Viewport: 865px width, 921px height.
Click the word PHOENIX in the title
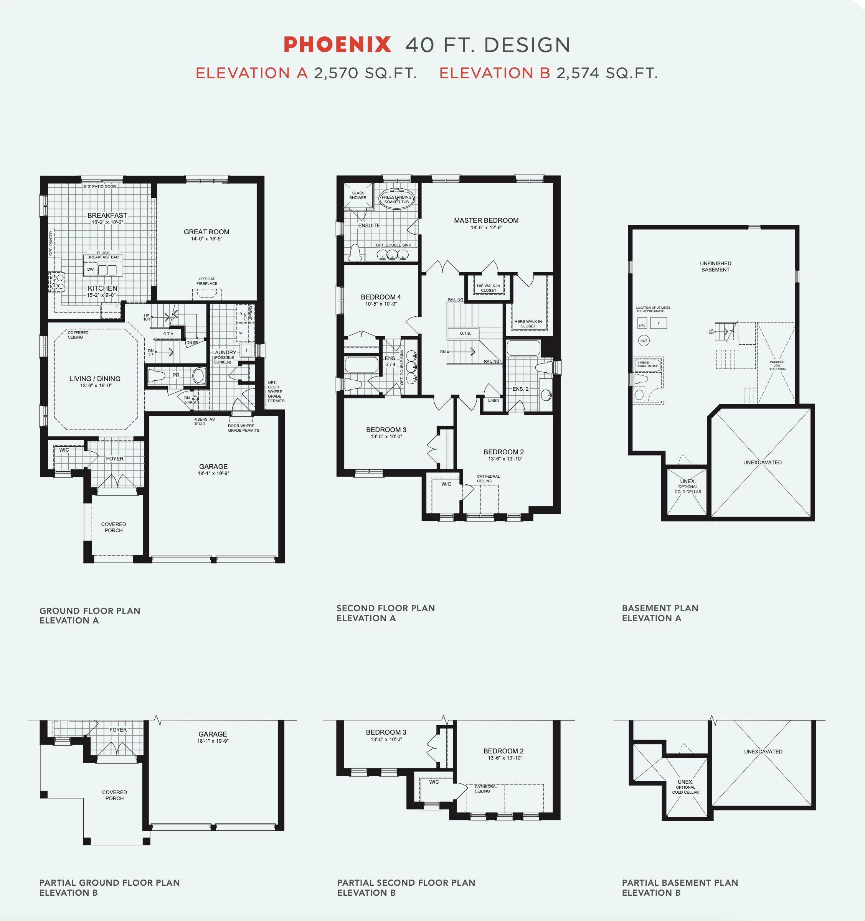click(x=337, y=45)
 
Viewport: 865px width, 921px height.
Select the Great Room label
click(x=206, y=232)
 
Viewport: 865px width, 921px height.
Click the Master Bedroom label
click(x=486, y=220)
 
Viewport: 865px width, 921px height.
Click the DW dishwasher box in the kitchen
click(x=91, y=269)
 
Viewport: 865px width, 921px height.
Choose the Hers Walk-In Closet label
click(x=528, y=323)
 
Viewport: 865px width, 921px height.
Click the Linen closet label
click(x=494, y=400)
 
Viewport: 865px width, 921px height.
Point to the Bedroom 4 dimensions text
click(x=381, y=304)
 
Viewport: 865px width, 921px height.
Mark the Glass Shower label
click(x=358, y=196)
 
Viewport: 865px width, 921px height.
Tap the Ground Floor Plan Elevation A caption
click(x=90, y=616)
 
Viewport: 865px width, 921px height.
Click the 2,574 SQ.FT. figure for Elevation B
click(x=607, y=73)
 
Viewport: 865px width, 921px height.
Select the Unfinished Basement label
click(x=715, y=266)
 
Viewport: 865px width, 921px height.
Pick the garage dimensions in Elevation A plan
click(x=213, y=474)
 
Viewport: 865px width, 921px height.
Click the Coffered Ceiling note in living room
click(x=78, y=334)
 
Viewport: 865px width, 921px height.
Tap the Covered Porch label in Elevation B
click(x=114, y=795)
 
